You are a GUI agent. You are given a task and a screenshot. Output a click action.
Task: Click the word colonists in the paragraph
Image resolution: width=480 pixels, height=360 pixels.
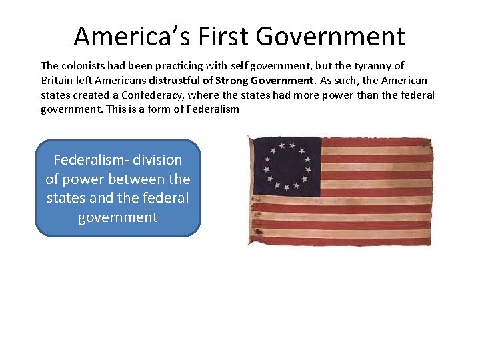[83, 66]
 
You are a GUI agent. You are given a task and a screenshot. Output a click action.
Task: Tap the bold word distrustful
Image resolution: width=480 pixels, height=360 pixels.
[176, 81]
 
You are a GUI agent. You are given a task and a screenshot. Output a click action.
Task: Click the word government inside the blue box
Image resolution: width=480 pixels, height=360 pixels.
[117, 217]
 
